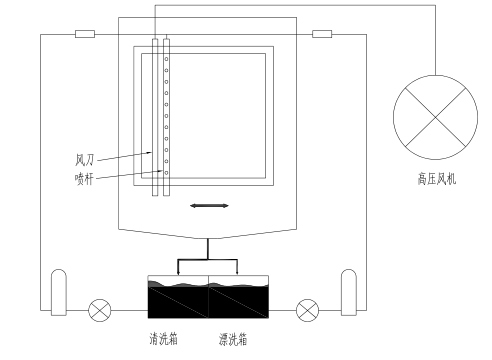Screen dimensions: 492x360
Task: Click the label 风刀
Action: pos(84,160)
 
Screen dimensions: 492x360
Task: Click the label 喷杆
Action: pos(84,179)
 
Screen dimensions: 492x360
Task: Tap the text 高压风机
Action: pos(436,179)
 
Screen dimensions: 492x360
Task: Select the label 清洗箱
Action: pos(163,339)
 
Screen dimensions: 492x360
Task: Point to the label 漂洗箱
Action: pos(233,339)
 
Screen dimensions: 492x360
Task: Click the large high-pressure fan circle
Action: pos(435,117)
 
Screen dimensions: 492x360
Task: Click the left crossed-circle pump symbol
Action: pos(99,310)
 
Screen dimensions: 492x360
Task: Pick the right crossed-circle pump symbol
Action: pos(307,310)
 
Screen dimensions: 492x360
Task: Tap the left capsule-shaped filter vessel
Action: pos(59,292)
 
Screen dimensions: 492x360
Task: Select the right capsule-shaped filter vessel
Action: pos(349,292)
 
